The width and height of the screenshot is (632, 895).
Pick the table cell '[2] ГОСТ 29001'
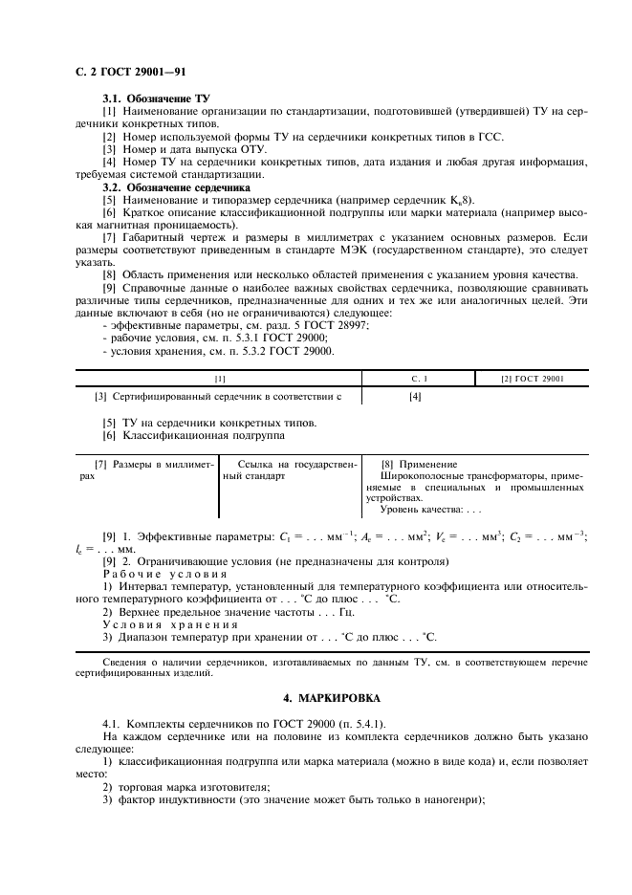click(x=533, y=380)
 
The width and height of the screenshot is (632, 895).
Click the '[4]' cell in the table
click(x=415, y=396)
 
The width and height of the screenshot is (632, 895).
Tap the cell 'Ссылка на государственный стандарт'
click(x=288, y=469)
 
